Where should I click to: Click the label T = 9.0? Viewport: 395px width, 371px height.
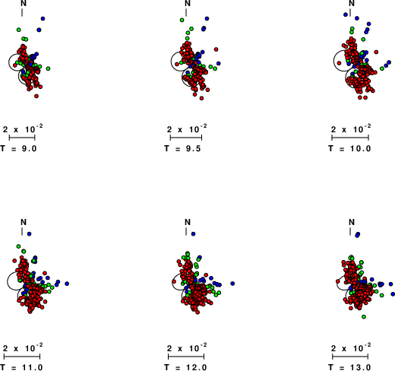coord(18,148)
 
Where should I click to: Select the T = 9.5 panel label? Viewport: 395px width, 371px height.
coord(182,148)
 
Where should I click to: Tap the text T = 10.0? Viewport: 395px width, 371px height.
coord(349,148)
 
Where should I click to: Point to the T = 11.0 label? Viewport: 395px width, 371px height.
coord(21,367)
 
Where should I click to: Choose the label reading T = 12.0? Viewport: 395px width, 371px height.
coord(185,367)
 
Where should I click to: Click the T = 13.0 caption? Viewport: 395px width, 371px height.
coord(349,367)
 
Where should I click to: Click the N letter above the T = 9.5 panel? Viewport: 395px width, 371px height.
coord(188,3)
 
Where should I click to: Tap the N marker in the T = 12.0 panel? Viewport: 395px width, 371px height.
coord(188,222)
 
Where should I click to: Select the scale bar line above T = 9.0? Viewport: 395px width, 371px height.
coord(22,138)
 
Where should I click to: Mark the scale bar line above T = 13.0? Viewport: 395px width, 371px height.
coord(350,357)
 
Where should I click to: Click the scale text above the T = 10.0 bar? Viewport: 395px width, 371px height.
coord(351,128)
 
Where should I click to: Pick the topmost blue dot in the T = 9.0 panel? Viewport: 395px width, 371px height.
coord(43,18)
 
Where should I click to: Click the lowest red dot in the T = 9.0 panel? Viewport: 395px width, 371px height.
coord(36,96)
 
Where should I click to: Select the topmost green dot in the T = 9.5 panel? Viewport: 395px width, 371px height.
coord(182,20)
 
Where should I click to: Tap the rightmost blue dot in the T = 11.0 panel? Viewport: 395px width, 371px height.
coord(67,284)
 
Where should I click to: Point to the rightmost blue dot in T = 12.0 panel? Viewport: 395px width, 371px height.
coord(232,284)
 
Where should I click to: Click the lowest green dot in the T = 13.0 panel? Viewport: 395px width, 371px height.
coord(364,316)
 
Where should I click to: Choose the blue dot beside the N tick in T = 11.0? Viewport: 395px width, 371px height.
coord(29,233)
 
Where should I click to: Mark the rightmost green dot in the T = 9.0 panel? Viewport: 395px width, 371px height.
coord(48,68)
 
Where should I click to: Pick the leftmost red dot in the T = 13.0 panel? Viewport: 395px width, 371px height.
coord(338,281)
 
